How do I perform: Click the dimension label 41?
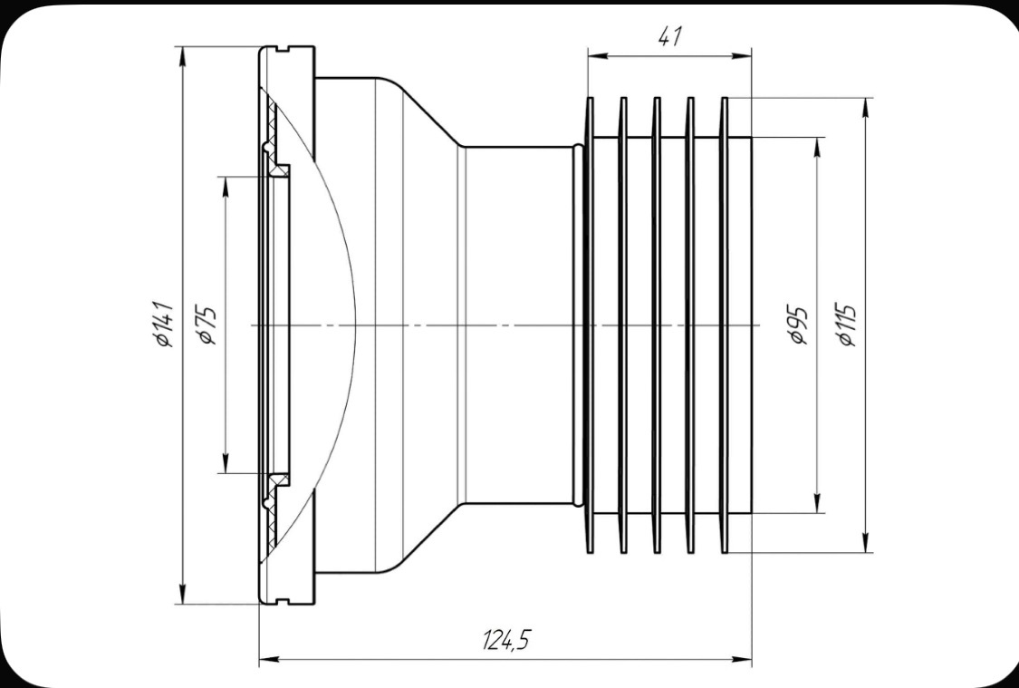[670, 37]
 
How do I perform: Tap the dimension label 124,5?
[505, 641]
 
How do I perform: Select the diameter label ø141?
[164, 323]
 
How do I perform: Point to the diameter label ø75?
[207, 324]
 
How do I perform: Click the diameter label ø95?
[798, 324]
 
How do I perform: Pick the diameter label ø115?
[847, 324]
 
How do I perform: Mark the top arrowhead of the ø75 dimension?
[224, 180]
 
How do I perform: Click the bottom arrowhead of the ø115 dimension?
[867, 546]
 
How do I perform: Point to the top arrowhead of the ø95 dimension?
[818, 144]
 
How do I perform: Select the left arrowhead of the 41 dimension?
[594, 56]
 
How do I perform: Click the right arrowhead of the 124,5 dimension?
[745, 660]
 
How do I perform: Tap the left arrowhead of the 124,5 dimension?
[266, 660]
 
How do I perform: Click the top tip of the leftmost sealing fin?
[591, 99]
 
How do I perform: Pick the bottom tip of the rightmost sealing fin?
[724, 552]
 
